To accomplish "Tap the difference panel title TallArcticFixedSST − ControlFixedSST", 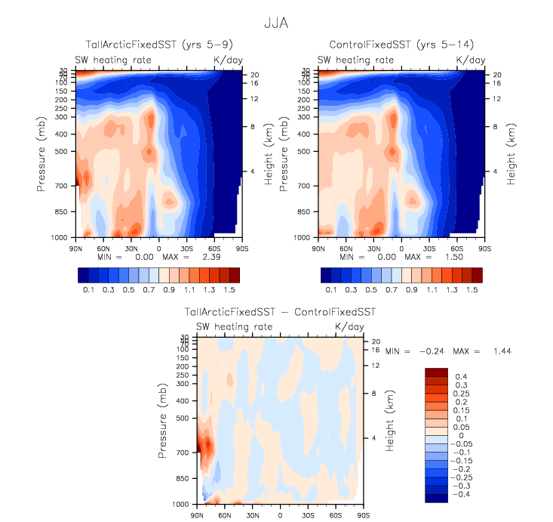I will (x=280, y=311).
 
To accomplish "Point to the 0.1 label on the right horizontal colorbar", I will (x=330, y=289).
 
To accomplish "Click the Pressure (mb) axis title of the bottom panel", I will (x=163, y=420).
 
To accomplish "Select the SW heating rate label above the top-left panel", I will (x=113, y=60).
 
